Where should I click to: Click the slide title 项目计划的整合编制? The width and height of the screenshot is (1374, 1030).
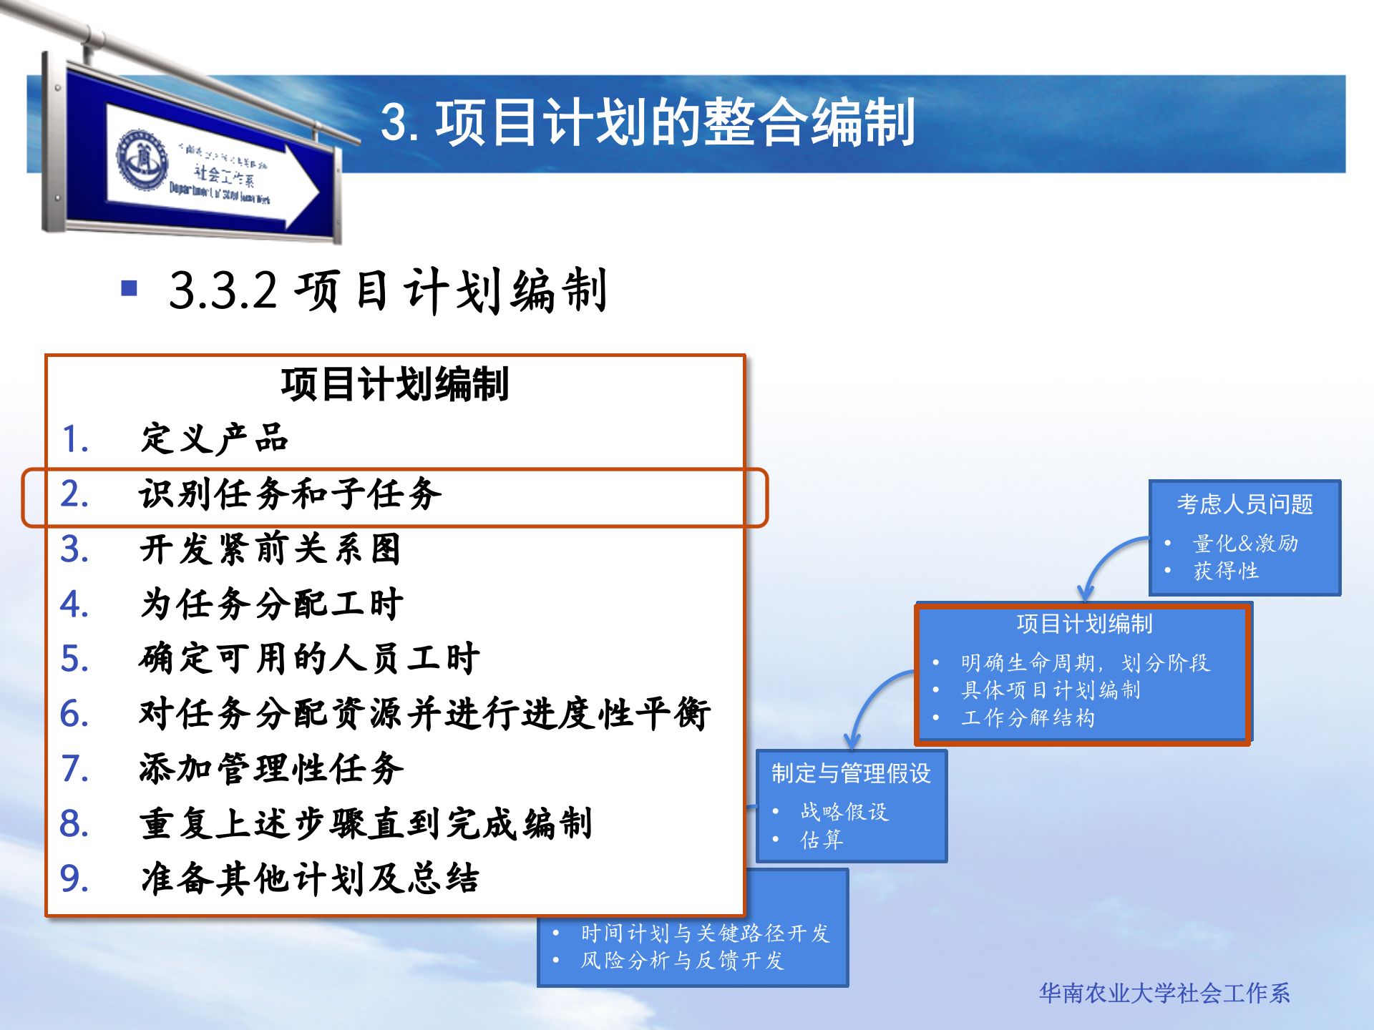coord(648,123)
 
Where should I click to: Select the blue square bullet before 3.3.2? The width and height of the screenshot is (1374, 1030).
coord(130,288)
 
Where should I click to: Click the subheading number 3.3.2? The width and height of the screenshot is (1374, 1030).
coord(223,291)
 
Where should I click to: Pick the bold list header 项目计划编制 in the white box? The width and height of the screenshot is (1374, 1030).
coord(394,384)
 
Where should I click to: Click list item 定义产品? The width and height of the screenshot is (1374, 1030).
coord(214,438)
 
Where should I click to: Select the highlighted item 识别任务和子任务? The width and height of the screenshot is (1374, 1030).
coord(290,494)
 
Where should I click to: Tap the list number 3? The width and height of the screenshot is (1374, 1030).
coord(74,549)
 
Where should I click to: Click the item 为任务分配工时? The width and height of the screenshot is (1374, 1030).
coord(272,604)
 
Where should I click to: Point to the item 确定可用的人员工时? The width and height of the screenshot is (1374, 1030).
coord(309,659)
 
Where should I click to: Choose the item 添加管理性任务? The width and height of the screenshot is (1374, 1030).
coord(272,769)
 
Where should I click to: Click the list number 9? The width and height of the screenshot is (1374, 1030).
coord(74,879)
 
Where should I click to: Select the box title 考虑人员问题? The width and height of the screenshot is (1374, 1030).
coord(1244,504)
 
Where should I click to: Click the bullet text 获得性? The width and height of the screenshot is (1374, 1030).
coord(1226,571)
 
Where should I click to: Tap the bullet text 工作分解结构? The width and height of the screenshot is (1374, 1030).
coord(1028,717)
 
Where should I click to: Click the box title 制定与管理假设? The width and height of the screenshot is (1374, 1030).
coord(851,773)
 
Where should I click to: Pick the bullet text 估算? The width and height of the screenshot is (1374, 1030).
coord(822,839)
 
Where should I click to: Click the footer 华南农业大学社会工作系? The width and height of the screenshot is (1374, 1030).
coord(1164,993)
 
